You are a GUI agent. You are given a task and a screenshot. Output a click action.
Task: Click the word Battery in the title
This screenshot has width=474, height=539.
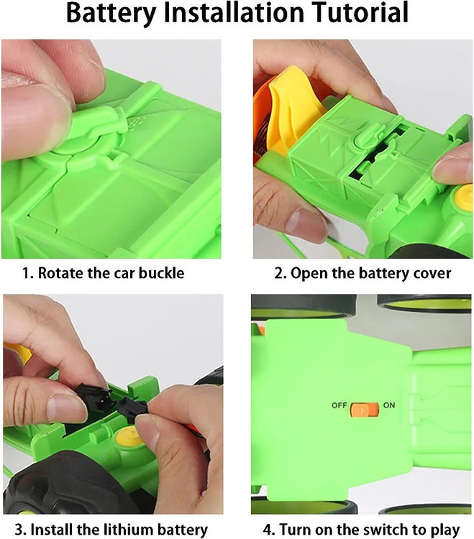(111, 13)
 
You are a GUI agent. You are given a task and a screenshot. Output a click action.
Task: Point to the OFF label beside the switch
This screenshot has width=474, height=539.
(339, 405)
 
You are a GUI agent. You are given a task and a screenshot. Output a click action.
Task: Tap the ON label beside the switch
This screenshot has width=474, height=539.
(389, 405)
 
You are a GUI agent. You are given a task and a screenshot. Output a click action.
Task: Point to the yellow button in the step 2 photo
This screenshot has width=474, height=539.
(465, 197)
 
